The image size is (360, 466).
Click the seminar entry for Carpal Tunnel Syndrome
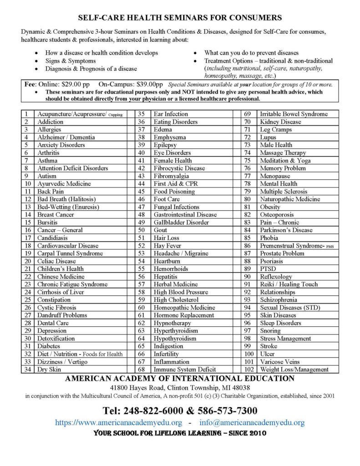coord(70,253)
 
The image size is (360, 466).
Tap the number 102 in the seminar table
coord(249,370)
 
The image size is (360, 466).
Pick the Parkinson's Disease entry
coord(286,230)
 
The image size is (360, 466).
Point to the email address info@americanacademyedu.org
coord(252,422)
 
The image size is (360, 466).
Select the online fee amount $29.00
coord(69,84)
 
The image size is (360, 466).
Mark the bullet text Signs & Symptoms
coord(70,61)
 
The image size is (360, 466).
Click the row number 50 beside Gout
coord(141,230)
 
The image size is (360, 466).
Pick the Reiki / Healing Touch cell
coord(289,284)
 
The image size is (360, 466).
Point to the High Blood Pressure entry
coord(181,292)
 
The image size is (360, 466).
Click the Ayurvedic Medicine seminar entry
coord(64,183)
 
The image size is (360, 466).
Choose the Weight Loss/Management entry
coord(294,370)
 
